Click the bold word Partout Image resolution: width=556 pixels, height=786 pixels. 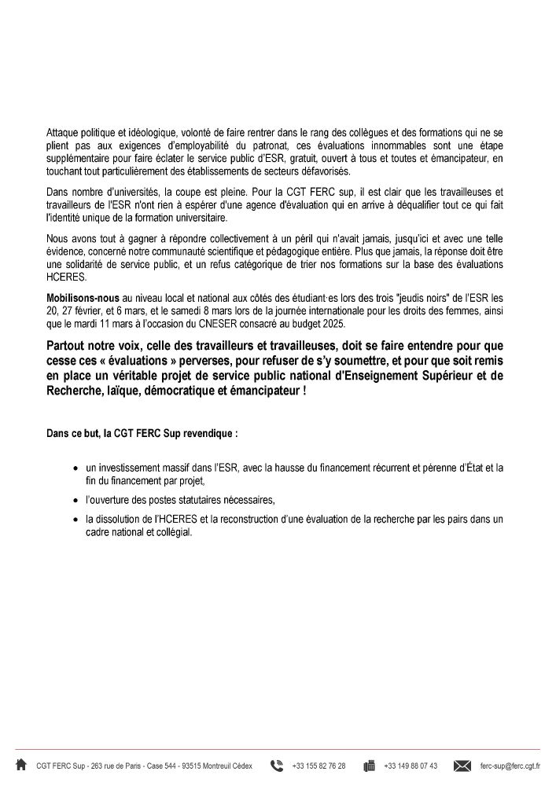(x=68, y=346)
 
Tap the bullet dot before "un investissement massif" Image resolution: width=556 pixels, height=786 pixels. (x=75, y=468)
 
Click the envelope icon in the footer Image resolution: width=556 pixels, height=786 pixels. (x=462, y=765)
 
